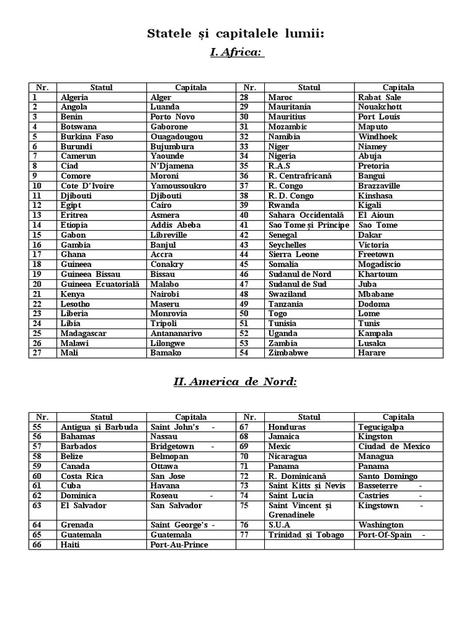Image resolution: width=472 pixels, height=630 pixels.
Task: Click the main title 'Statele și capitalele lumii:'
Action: click(235, 33)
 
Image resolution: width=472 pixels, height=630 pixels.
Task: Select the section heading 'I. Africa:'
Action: click(236, 53)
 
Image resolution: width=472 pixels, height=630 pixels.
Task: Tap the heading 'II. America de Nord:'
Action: click(235, 382)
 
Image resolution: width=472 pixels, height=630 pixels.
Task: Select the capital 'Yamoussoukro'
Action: click(178, 186)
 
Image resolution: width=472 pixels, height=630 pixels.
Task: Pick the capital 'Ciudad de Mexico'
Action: click(394, 447)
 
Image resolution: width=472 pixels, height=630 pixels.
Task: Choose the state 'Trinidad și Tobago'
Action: click(305, 535)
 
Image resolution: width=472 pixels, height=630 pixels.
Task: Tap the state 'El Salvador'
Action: click(84, 506)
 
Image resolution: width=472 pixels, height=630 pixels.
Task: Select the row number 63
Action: click(37, 506)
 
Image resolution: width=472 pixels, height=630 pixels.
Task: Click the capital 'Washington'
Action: click(381, 525)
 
